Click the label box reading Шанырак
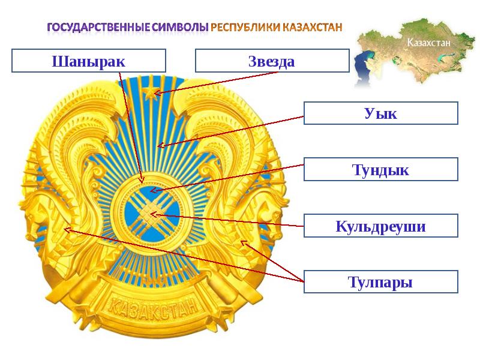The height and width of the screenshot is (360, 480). click(89, 61)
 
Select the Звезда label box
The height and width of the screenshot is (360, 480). click(272, 61)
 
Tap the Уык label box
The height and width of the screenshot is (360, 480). click(381, 113)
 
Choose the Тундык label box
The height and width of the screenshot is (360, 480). click(381, 169)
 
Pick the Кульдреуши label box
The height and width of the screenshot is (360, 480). click(381, 226)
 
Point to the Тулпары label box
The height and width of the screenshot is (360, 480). click(381, 281)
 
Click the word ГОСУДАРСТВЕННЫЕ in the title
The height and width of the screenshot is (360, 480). click(98, 28)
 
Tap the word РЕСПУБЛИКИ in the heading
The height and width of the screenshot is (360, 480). click(245, 28)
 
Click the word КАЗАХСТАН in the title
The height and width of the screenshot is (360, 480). click(312, 28)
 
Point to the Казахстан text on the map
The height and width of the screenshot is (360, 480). click(428, 42)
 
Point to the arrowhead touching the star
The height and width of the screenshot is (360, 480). click(157, 92)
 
